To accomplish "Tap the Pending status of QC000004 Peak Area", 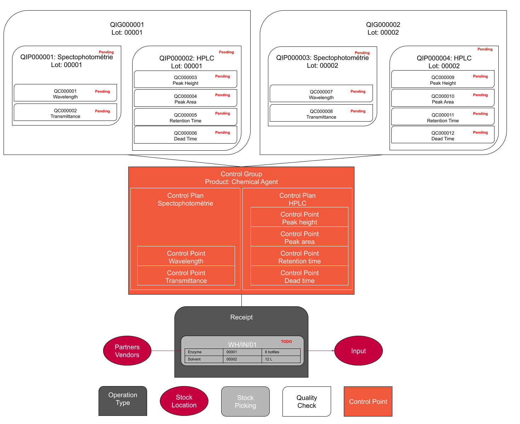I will click(x=223, y=95).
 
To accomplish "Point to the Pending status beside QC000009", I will click(x=480, y=76).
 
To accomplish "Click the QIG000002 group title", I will click(x=383, y=25).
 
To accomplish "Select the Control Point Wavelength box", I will click(x=186, y=256).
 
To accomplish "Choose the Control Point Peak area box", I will click(x=300, y=237).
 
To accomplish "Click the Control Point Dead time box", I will click(x=300, y=276).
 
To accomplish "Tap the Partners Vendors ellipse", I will click(x=127, y=351).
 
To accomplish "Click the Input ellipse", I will click(x=358, y=351).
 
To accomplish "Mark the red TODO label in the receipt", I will click(x=286, y=342).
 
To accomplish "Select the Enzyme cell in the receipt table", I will click(x=204, y=352).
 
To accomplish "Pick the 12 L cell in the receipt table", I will click(x=281, y=359).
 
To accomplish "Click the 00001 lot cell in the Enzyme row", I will click(x=242, y=352).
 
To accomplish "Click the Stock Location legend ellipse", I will click(x=184, y=401).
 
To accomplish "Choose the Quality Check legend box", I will click(x=307, y=401).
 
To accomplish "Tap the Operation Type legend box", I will click(x=123, y=401).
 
